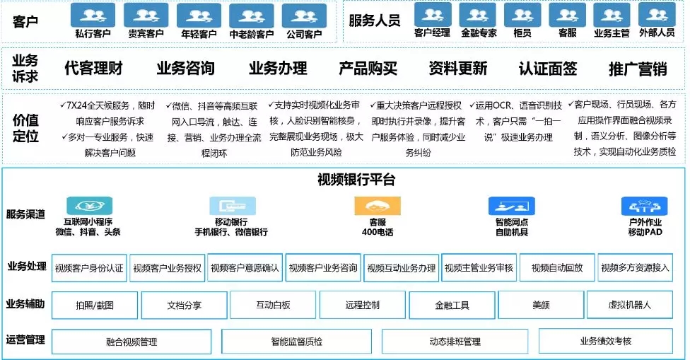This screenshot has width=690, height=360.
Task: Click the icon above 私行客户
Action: coord(93,15)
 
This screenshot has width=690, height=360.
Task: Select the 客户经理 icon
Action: coord(432,14)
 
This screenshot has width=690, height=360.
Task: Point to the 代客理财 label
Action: coord(93,69)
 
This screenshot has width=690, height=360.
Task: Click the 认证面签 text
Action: coord(547,69)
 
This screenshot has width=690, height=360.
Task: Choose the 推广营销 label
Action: coord(638,69)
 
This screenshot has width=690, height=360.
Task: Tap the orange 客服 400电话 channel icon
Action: coord(372,206)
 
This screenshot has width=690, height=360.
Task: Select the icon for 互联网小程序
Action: coord(88,206)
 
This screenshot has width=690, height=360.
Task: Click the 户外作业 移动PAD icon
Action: coord(645,206)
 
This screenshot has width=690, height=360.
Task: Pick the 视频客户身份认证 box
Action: coord(89,268)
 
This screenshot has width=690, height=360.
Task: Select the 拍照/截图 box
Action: coord(94,306)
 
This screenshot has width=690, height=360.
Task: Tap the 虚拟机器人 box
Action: coord(629,306)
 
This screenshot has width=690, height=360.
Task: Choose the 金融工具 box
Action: coord(452,306)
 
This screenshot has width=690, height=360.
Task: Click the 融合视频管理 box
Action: coord(131,342)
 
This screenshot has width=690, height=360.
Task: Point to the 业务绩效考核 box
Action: coord(605,342)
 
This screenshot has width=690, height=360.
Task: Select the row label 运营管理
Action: coord(25,340)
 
